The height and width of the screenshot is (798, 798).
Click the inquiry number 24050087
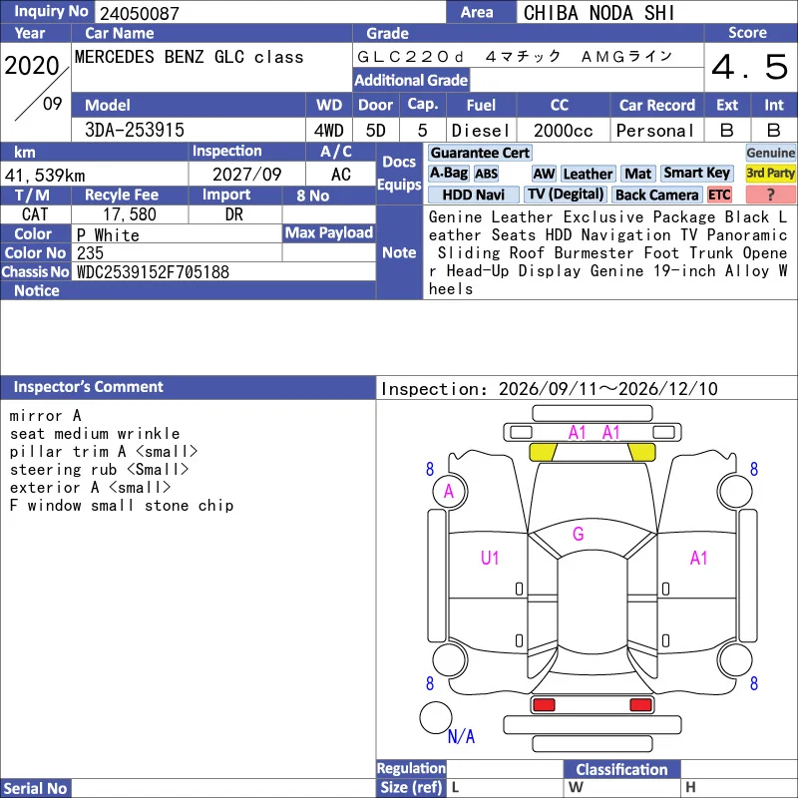(140, 13)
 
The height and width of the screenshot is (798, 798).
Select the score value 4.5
(750, 67)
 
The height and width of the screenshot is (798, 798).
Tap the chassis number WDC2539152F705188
(153, 272)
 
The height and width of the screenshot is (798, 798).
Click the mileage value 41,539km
(45, 176)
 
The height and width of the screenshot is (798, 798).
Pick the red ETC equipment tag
(719, 195)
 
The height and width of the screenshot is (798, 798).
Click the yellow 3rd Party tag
(770, 173)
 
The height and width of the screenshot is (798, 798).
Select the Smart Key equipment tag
(696, 173)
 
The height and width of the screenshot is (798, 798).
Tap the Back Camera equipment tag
(656, 195)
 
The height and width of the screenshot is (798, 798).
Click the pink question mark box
(770, 195)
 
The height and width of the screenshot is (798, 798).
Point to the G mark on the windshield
(579, 534)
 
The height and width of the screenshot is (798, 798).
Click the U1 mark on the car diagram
(490, 559)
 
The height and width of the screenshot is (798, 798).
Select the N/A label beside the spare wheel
(461, 736)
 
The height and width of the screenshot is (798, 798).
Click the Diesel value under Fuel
(481, 131)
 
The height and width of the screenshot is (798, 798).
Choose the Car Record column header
(657, 105)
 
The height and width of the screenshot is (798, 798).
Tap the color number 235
(90, 253)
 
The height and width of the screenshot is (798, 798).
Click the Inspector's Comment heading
(88, 387)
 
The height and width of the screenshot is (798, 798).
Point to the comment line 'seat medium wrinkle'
(95, 434)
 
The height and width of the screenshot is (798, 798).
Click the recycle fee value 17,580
(130, 214)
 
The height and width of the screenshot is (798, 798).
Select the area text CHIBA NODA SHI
(598, 13)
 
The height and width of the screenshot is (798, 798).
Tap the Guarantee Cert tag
(480, 153)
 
